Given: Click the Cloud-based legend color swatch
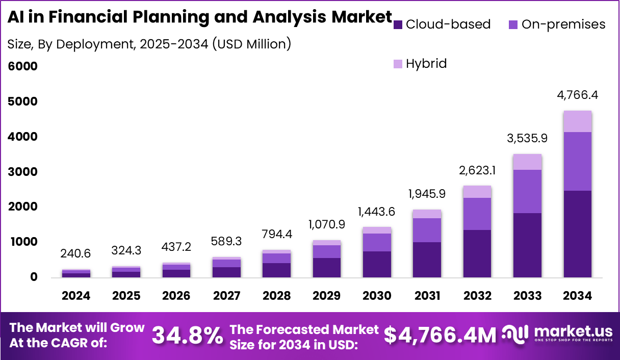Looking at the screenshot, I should [398, 24].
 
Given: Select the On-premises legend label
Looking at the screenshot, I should [563, 24].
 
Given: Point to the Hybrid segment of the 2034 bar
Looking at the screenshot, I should [577, 121].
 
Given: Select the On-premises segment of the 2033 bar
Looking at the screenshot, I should [527, 191].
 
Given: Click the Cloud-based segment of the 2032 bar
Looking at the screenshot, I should [477, 253].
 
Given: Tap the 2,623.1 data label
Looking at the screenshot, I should [477, 170].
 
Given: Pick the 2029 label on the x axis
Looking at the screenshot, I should [327, 296].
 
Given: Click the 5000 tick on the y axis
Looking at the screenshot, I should [22, 101].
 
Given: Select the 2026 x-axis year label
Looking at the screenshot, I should [176, 296].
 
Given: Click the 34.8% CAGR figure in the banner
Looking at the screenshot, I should [188, 336].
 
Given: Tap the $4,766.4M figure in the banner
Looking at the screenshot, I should [440, 336].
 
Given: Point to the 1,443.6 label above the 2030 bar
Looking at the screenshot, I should [377, 212].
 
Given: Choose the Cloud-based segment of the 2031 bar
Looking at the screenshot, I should [427, 260].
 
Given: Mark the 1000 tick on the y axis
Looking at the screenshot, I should [22, 242].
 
